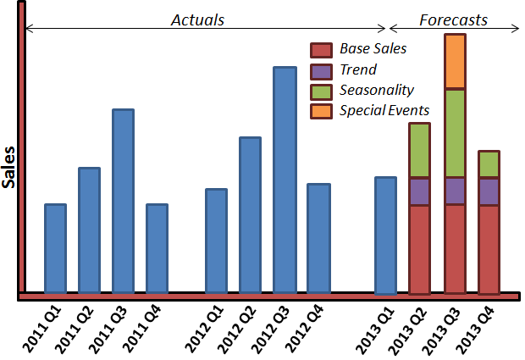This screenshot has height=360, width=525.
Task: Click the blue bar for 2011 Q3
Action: [124, 201]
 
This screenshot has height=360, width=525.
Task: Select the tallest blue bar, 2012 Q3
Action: [285, 180]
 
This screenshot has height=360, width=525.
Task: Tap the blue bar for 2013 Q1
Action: [386, 235]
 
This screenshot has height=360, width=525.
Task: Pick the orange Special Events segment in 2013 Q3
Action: [455, 61]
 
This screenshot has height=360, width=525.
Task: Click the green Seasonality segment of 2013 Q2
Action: [419, 150]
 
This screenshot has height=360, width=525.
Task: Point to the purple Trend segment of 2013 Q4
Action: [489, 191]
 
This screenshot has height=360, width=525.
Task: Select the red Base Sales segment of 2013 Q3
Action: [455, 250]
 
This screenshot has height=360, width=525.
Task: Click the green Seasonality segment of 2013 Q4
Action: [489, 164]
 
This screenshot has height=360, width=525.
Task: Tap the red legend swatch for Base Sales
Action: [321, 50]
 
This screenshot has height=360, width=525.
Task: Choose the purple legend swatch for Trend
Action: [321, 72]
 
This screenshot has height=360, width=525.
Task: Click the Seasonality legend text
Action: [377, 91]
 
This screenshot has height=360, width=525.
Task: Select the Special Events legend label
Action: [384, 110]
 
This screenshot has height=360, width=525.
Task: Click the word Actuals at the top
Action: [197, 20]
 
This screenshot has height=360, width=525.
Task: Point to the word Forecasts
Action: [453, 20]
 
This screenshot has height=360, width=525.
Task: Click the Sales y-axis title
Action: [8, 168]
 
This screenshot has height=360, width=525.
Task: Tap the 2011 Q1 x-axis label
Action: [42, 330]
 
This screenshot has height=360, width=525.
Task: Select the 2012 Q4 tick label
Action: [305, 330]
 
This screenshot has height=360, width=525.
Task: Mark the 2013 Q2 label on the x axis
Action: [408, 331]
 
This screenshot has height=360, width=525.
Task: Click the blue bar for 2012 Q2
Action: [250, 215]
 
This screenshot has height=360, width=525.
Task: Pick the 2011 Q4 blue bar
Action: [157, 248]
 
